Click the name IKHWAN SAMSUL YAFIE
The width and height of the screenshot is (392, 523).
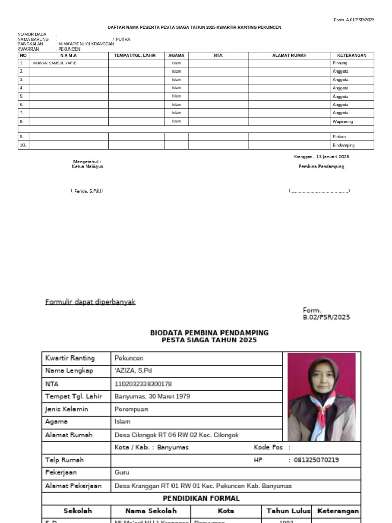[x=52, y=63]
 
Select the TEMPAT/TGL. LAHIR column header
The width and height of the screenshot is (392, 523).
[x=135, y=55]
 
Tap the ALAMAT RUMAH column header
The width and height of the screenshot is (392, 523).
[x=289, y=55]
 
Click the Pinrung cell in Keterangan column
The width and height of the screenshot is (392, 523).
[x=340, y=63]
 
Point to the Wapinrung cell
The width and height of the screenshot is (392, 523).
[x=342, y=122]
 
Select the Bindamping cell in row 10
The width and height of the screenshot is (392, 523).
[x=344, y=145]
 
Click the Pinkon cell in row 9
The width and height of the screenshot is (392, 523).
[x=339, y=137]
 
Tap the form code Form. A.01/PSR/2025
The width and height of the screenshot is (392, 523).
[x=354, y=20]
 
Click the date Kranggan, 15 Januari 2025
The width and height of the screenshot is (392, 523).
[x=321, y=157]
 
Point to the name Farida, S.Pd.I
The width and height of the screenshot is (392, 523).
[x=87, y=191]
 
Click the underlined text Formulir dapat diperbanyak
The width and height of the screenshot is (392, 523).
[x=90, y=302]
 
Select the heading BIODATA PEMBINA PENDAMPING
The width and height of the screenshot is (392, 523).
[x=209, y=332]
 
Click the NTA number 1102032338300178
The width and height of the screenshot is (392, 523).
[x=143, y=384]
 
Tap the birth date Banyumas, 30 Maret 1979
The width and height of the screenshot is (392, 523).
[x=152, y=396]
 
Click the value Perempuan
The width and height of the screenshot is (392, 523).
[x=131, y=409]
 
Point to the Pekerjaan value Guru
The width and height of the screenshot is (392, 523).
[x=122, y=473]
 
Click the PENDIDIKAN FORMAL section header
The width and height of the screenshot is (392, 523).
[x=201, y=498]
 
